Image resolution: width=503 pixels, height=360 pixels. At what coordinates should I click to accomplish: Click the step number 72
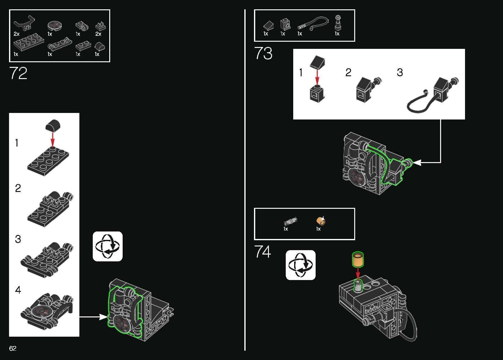18,73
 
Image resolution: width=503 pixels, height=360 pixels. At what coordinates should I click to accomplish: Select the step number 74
262,251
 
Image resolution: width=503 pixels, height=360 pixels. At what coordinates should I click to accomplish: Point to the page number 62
13,348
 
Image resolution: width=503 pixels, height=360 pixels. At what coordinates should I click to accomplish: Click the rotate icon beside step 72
108,246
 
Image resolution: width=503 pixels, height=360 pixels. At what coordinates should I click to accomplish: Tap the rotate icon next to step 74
300,265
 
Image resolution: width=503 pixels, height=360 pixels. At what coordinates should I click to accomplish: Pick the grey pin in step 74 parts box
290,222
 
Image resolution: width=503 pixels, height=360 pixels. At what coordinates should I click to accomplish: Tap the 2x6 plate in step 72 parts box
29,42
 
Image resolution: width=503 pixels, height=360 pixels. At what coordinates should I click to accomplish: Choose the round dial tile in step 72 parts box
54,26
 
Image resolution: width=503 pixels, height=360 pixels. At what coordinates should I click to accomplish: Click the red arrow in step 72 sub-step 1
53,140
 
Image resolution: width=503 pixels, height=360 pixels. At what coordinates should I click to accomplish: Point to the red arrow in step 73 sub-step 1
317,78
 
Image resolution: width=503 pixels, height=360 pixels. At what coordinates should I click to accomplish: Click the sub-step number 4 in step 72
18,290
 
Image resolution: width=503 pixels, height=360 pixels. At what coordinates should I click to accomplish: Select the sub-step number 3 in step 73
400,72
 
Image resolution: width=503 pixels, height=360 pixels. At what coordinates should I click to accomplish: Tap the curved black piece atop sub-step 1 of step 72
53,125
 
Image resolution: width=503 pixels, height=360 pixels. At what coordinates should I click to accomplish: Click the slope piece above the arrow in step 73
317,62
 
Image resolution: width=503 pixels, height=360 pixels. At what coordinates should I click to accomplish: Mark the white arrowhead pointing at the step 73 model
417,162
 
